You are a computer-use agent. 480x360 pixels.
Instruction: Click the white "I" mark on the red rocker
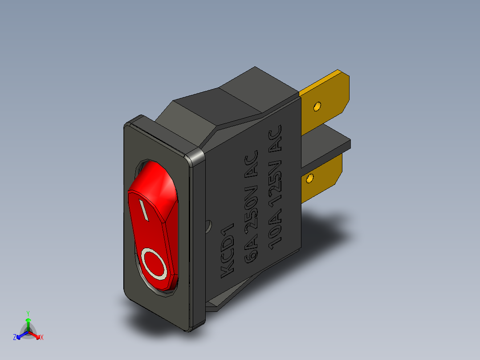(144, 210)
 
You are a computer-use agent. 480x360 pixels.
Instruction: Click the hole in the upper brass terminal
(317, 106)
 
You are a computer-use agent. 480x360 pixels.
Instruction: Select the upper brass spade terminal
(327, 100)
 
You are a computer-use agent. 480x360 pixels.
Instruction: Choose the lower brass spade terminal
(323, 178)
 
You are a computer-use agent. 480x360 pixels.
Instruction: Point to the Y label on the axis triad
(28, 313)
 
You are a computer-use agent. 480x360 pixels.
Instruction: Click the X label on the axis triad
(41, 338)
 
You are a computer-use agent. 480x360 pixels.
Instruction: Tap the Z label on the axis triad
(15, 338)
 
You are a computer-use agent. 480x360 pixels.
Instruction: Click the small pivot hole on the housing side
(207, 226)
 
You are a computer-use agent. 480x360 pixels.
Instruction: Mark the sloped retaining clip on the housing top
(205, 107)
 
